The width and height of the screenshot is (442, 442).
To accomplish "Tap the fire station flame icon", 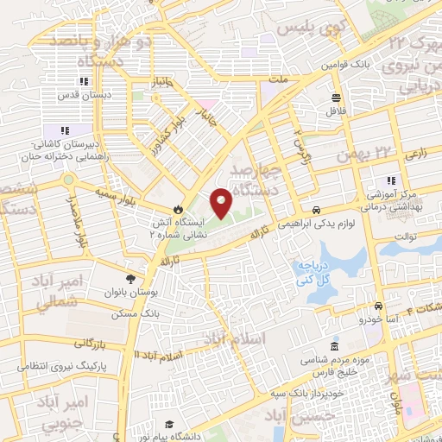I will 178,208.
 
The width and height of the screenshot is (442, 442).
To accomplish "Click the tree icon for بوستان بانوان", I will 130,278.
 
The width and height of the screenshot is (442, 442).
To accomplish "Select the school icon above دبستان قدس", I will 84,82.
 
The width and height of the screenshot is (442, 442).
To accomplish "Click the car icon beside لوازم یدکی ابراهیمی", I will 318,210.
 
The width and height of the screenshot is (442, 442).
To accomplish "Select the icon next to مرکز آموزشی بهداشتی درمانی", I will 391,180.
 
